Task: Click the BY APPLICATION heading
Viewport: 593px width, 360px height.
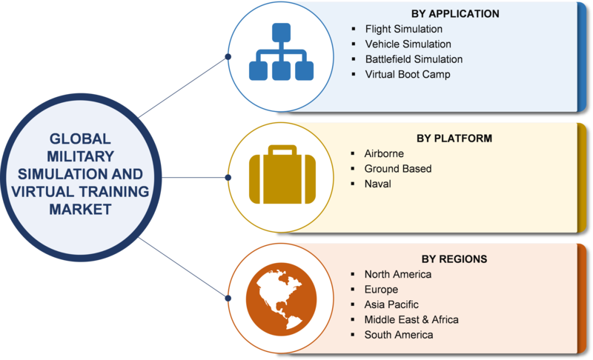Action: click(455, 13)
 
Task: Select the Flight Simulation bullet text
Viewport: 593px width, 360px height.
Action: click(403, 29)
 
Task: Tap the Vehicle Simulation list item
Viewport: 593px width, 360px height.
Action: click(408, 44)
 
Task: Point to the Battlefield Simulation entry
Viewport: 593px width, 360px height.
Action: click(414, 59)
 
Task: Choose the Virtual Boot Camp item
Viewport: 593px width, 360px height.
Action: click(408, 74)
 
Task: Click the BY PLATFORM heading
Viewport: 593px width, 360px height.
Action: click(454, 139)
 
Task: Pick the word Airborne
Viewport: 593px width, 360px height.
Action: click(384, 153)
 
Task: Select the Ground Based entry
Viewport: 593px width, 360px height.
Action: click(398, 168)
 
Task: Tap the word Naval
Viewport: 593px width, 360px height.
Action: click(377, 184)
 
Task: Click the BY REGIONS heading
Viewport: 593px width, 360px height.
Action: click(454, 259)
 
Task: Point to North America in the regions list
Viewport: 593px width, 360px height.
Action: click(398, 274)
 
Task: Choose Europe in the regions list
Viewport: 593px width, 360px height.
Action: click(381, 290)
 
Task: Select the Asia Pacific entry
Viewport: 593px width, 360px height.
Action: click(391, 304)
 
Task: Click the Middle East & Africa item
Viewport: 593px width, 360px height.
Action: click(411, 319)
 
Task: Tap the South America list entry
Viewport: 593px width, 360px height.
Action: click(399, 335)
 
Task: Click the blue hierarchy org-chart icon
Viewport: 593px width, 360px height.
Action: click(281, 52)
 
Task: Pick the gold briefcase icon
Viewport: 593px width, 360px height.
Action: click(282, 175)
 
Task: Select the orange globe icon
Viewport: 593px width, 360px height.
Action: click(281, 299)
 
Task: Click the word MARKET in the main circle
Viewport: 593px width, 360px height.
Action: click(80, 210)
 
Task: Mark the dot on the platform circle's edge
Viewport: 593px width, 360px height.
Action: click(228, 178)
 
